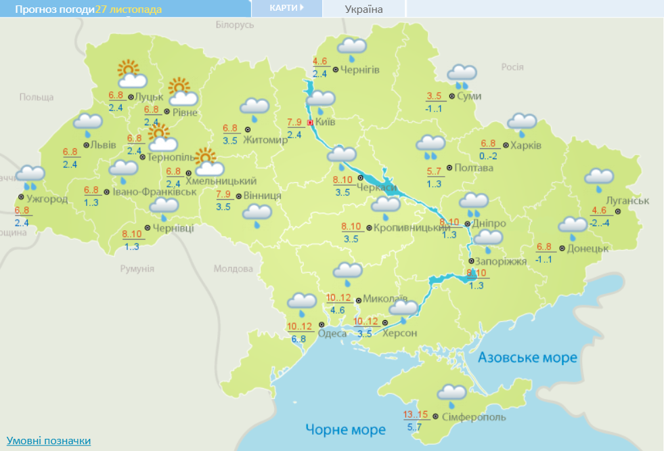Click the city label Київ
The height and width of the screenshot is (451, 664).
tap(325, 122)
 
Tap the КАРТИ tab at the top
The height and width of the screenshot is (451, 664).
tap(285, 8)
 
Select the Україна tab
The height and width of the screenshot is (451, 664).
tap(363, 9)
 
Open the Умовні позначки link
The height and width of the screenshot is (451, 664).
tap(49, 441)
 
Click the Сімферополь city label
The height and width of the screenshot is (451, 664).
tap(473, 417)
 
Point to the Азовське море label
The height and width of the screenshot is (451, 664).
tap(527, 358)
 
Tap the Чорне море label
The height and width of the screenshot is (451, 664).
tap(345, 429)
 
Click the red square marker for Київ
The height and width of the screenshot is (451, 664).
tap(310, 123)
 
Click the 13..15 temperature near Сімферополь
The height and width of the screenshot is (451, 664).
tap(416, 414)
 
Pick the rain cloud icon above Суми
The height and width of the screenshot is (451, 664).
tap(462, 76)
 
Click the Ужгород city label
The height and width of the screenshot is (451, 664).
tap(47, 199)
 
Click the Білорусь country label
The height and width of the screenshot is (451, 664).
tap(234, 24)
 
